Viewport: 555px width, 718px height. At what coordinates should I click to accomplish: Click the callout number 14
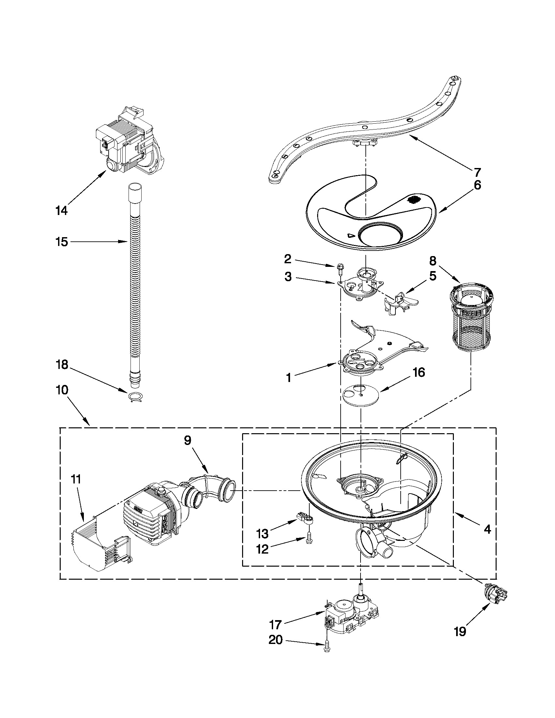[61, 210]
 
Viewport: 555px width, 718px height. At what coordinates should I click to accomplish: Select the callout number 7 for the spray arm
[477, 172]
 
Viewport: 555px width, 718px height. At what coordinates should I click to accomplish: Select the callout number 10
[62, 390]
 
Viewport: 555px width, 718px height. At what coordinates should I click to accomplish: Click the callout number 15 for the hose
[62, 242]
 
